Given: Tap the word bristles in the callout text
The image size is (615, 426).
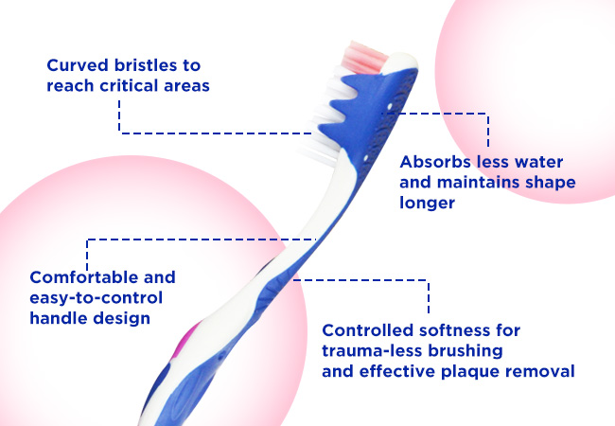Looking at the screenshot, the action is (146, 65).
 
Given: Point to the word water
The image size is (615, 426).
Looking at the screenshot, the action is (538, 162).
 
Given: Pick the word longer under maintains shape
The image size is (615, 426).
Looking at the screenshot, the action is (427, 204).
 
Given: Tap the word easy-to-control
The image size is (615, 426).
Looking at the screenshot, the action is (97, 298).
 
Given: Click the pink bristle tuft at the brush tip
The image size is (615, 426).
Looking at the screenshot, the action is (364, 58).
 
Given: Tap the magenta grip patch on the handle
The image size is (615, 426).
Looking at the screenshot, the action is (184, 339).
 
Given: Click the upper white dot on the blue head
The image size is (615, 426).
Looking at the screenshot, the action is (390, 106).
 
